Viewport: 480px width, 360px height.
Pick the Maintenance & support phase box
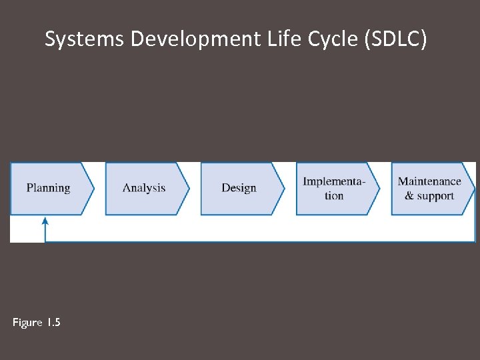tap(430, 188)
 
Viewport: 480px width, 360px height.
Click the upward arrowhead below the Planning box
tap(45, 221)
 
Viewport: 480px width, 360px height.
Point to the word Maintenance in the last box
tap(429, 181)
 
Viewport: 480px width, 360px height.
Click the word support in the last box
tap(436, 196)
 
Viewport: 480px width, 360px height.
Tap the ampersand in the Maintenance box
tap(409, 196)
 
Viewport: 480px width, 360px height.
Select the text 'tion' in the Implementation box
tap(334, 196)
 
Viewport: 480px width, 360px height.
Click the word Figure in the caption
tap(27, 323)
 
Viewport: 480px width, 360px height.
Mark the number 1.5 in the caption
tap(53, 323)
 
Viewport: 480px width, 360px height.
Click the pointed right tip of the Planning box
tap(93, 188)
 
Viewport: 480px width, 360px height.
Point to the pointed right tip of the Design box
tap(283, 188)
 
